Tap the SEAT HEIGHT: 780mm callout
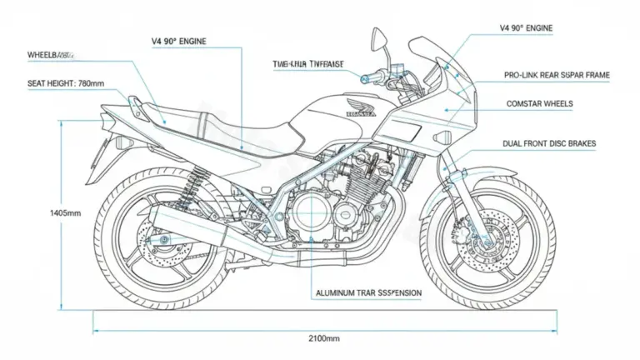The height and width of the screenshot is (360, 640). (56, 83)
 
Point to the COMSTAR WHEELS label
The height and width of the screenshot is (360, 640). (540, 104)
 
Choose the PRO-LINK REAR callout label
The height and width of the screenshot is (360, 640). (557, 75)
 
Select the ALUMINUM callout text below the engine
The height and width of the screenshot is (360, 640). (368, 293)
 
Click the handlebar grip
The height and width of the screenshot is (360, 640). (367, 80)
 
